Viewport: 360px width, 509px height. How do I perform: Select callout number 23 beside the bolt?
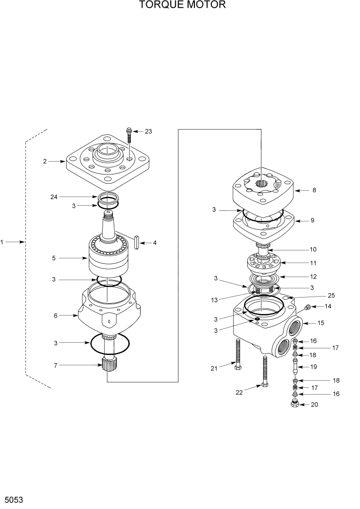pos(148,131)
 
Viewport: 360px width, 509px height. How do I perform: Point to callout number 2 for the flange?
pos(45,161)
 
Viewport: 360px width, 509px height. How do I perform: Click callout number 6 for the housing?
pos(55,316)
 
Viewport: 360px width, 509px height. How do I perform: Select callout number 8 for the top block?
pos(314,190)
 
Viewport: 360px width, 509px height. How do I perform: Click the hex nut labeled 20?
pos(295,405)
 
